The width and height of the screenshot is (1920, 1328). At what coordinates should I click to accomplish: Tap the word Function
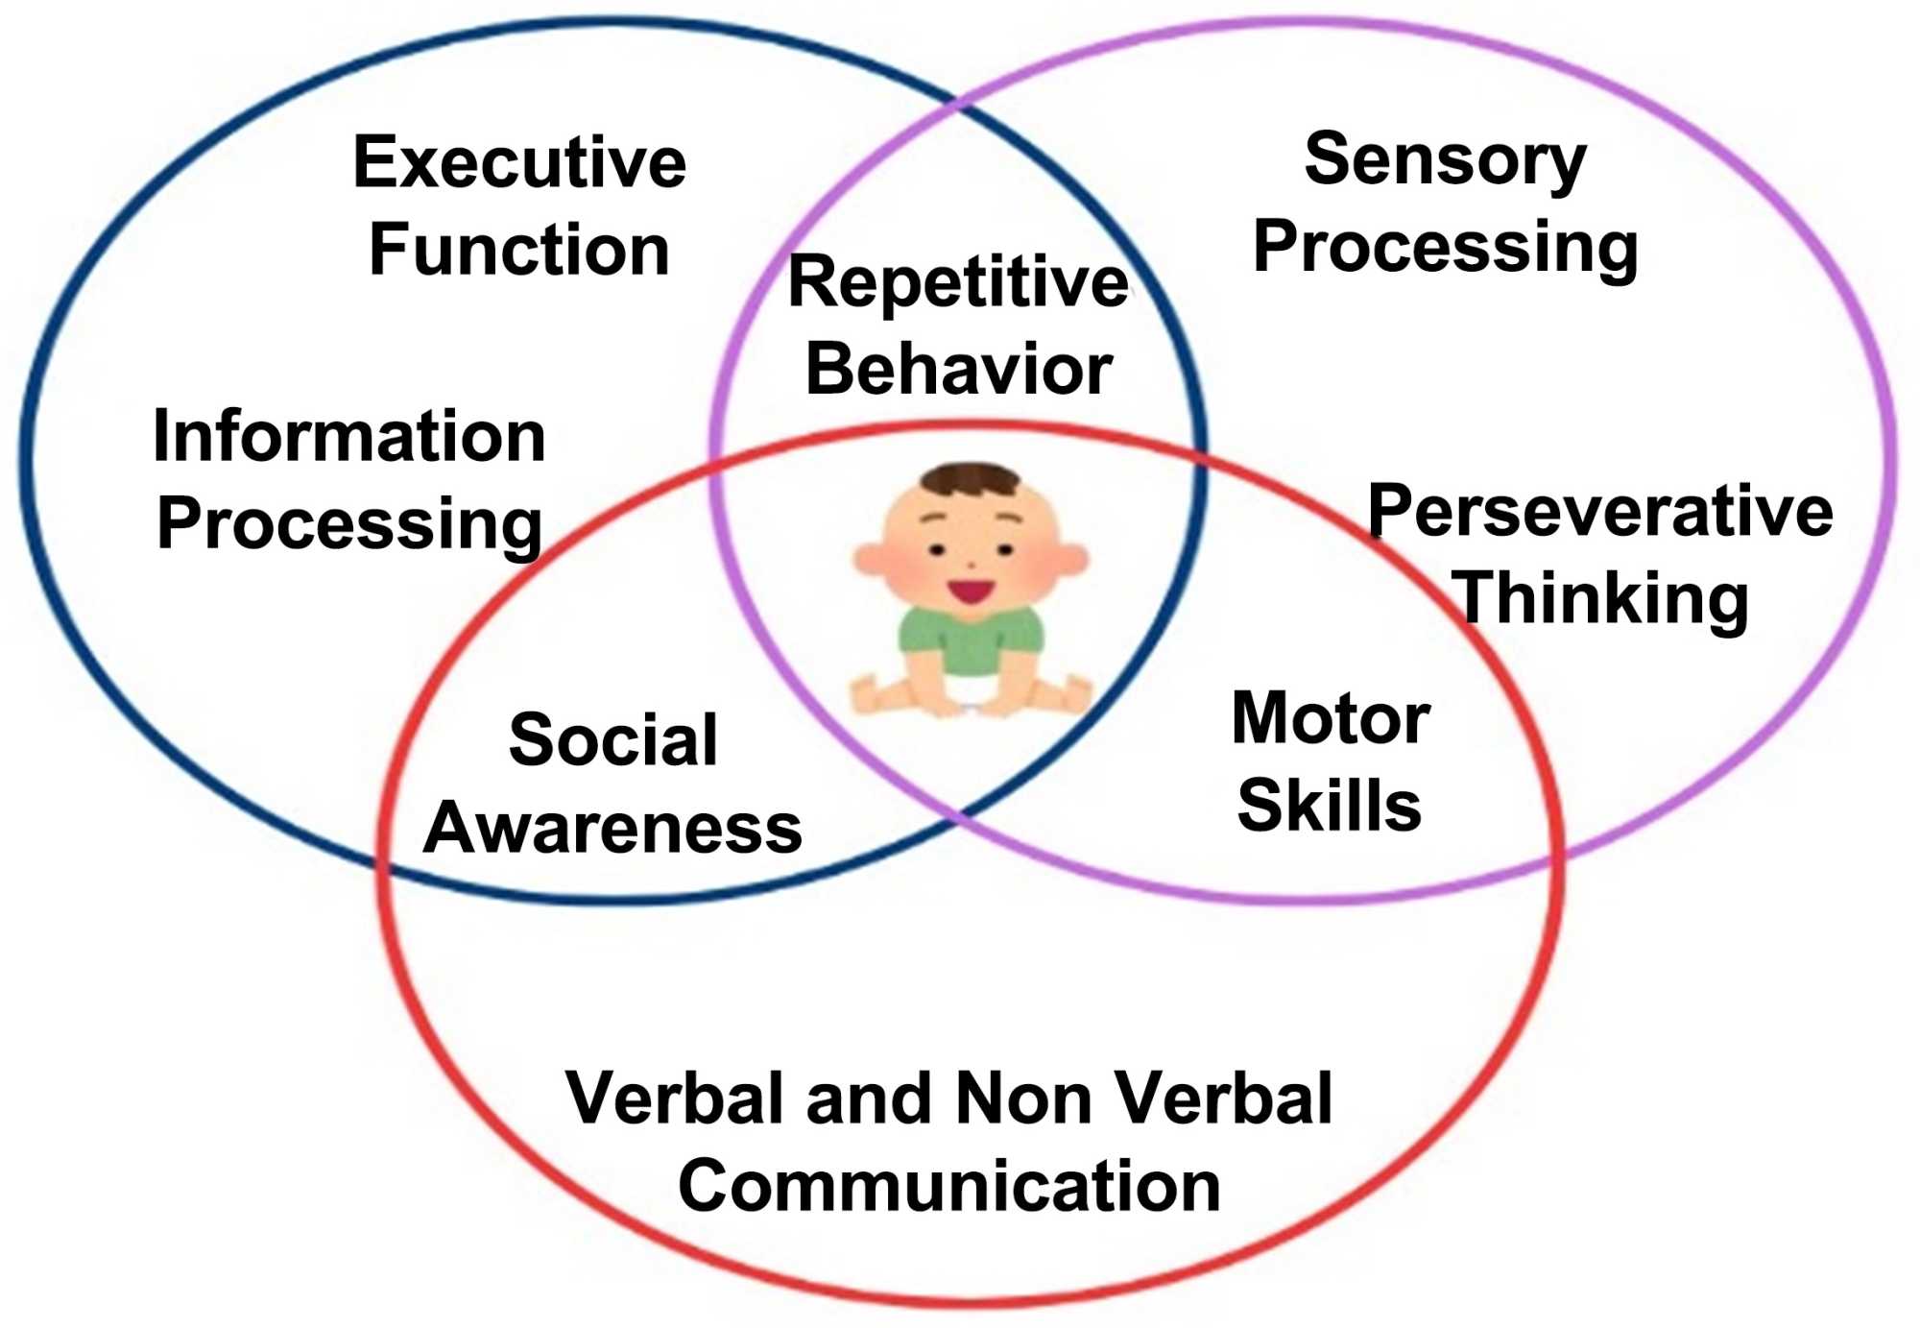pos(519,250)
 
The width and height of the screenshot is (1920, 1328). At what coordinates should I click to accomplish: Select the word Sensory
pos(1445,159)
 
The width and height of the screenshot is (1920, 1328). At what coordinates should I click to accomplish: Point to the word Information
pos(349,437)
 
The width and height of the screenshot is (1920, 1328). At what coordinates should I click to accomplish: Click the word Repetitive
pos(957,282)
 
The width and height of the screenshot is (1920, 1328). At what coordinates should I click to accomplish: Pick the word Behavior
pos(958,369)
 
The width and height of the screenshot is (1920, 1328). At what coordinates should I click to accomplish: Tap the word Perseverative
pos(1599,511)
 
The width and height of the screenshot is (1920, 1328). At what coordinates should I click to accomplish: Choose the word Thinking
pos(1601,598)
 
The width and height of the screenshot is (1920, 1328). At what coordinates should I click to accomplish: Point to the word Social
pos(612,740)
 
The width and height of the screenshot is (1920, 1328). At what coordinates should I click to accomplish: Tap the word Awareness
pos(612,828)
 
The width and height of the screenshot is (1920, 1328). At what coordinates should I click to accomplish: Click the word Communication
pos(948,1187)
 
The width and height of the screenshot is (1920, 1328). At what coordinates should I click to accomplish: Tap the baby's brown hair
pos(970,477)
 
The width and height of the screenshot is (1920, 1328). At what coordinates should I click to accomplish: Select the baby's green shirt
pos(970,639)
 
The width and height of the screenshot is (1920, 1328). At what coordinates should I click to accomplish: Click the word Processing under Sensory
pos(1445,248)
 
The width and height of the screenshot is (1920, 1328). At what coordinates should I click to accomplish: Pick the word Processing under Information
pos(349,524)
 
